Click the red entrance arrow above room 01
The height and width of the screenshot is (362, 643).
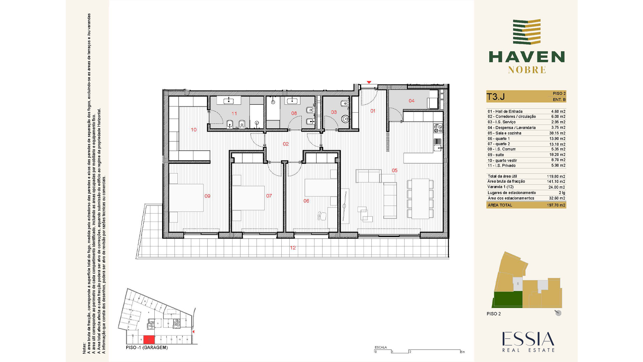369,82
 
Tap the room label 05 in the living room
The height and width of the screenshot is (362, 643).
395,171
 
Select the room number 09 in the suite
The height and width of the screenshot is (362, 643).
207,196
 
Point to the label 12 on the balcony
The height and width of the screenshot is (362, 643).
293,248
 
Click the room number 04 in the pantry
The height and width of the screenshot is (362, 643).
412,101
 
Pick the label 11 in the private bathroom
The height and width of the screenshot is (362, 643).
234,114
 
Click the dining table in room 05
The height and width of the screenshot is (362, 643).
420,199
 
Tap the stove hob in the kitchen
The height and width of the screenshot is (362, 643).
438,128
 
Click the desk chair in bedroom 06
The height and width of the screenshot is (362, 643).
322,216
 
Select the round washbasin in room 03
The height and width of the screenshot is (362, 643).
345,118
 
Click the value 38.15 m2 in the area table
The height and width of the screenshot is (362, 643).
557,133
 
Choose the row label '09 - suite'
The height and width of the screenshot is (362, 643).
496,155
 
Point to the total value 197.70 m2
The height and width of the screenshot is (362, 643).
556,205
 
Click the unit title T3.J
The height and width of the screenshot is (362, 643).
496,97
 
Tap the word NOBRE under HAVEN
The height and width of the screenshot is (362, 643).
527,70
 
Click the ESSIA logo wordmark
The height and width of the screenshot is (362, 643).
528,339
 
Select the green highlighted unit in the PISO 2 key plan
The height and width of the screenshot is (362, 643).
508,299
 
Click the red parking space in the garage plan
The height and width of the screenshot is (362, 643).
149,340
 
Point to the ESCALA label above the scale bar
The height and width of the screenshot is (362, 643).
381,347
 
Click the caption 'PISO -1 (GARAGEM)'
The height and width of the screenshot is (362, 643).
147,348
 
